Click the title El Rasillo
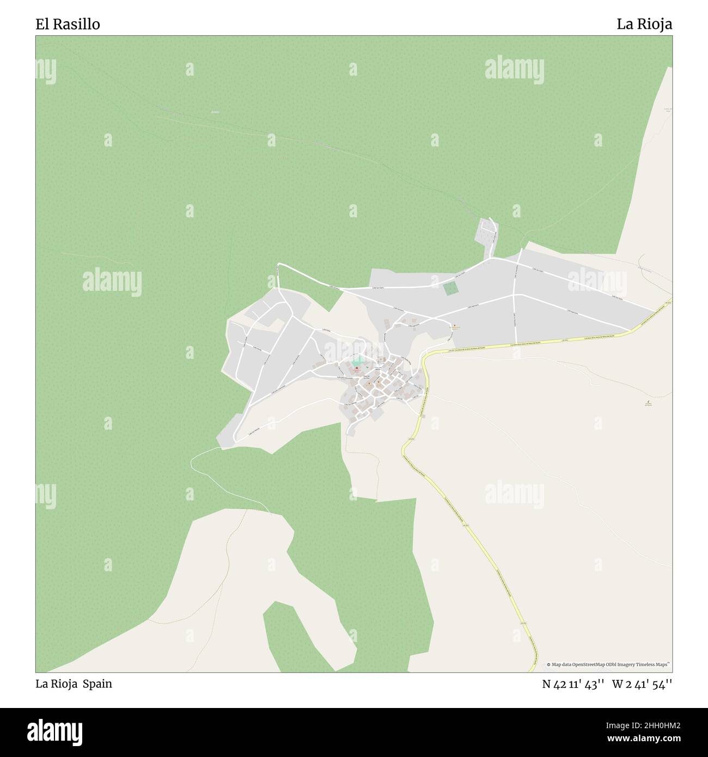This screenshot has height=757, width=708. (x=68, y=25)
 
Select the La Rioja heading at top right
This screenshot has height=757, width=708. (x=644, y=25)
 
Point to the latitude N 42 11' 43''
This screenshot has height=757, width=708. (x=573, y=684)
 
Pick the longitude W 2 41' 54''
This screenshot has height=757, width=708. (x=642, y=684)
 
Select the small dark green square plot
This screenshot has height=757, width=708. (x=450, y=289)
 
